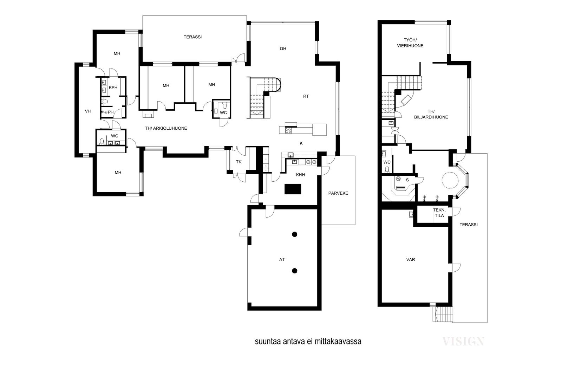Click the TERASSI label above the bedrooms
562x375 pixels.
click(192, 37)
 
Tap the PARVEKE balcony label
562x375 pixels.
click(338, 193)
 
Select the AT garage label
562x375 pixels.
click(282, 259)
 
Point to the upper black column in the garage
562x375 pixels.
click(295, 234)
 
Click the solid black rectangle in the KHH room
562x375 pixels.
click(293, 189)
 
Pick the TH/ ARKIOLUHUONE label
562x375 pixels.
click(166, 128)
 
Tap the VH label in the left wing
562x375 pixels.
click(87, 111)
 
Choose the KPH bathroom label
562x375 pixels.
click(113, 88)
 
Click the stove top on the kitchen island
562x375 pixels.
click(288, 130)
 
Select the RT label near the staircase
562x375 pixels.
click(306, 96)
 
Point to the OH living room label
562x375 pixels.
click(283, 49)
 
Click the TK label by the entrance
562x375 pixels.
click(238, 162)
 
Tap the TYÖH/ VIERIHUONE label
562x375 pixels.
click(410, 43)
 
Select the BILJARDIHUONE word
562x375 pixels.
click(431, 117)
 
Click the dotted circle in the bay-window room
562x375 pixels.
click(450, 180)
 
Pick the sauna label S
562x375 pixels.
click(407, 180)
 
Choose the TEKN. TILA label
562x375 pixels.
click(439, 213)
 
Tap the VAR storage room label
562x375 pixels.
click(411, 259)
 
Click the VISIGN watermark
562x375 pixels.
click(463, 341)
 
